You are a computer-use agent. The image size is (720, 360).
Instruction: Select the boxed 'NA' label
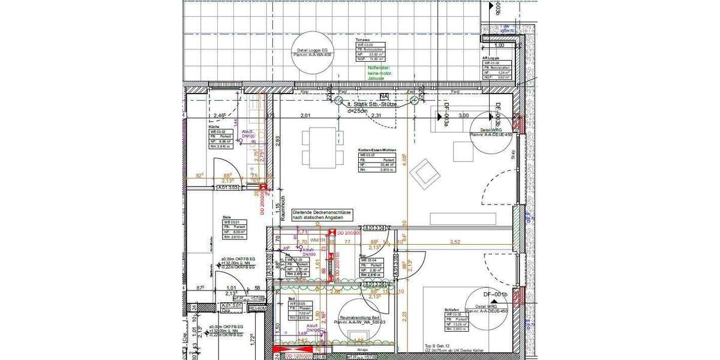tap(384, 96)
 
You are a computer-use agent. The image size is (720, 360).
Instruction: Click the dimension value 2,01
tap(307, 115)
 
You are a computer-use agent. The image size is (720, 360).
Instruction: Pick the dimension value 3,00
tap(463, 115)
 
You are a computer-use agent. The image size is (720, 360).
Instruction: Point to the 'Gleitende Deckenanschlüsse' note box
tap(322, 216)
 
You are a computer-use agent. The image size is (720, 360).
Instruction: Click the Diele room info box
tap(228, 229)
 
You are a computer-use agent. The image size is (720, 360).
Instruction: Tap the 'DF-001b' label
tap(496, 294)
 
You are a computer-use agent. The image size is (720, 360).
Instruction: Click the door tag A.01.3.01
tap(231, 306)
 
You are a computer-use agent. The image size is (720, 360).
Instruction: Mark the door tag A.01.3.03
tap(228, 188)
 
